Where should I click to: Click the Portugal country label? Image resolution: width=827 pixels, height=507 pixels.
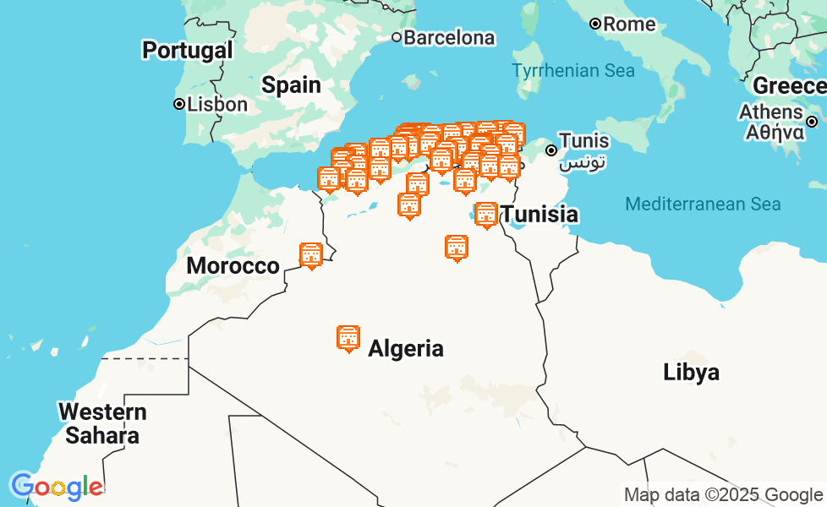point(187,50)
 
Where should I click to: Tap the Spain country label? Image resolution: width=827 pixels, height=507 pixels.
point(291,84)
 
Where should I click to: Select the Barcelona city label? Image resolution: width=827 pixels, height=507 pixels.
point(449,37)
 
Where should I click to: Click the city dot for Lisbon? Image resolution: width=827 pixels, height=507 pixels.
point(179,104)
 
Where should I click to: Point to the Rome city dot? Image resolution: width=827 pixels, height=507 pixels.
point(595,24)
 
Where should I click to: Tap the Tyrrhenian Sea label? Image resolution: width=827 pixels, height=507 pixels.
point(573,71)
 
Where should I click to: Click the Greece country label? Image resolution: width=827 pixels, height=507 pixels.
point(788,85)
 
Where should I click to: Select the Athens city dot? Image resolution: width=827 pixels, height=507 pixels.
point(812,122)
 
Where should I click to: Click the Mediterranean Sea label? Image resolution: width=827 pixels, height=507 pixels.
point(703,204)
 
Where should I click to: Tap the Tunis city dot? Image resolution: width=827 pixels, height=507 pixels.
point(551,150)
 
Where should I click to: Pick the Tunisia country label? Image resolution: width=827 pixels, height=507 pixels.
point(540,215)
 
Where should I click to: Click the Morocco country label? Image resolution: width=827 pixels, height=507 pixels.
point(233,265)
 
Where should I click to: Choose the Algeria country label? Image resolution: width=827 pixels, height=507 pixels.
point(406,348)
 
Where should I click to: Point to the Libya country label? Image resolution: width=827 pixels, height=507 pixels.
point(691,372)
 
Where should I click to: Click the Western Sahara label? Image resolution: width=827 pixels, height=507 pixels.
point(102,424)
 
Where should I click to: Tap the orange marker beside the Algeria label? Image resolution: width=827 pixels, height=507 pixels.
point(348,338)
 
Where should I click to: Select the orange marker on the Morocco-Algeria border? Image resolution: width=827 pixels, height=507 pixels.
point(311,255)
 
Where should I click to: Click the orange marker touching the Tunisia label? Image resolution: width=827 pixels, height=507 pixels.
point(486,215)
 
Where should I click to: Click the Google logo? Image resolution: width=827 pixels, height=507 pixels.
point(57,487)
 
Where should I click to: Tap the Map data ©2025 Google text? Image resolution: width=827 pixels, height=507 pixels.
point(722,494)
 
